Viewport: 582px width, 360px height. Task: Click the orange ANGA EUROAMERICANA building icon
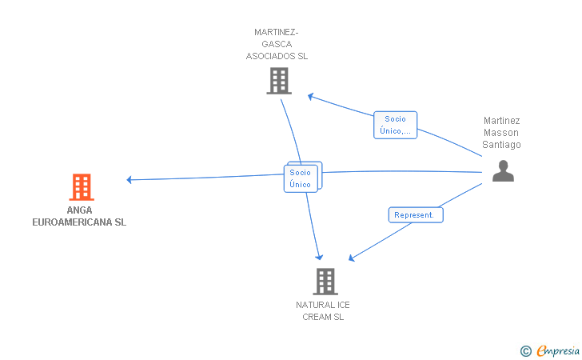tap(82, 187)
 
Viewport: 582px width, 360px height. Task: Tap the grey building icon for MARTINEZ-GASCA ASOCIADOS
tap(279, 81)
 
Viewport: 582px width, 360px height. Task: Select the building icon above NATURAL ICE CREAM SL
tap(325, 282)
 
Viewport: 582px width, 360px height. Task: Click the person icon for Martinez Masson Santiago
tap(503, 171)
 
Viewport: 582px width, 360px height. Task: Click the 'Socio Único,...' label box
tap(395, 125)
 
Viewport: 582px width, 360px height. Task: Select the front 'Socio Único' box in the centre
tap(301, 178)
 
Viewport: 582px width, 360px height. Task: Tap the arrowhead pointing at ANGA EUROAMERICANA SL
tap(130, 180)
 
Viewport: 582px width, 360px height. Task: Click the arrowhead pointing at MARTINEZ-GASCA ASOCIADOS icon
tap(311, 97)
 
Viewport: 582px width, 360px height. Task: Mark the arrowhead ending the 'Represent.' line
tap(352, 258)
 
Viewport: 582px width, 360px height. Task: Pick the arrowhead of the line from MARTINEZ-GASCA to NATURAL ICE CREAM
tap(319, 257)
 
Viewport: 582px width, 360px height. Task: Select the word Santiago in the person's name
tap(501, 145)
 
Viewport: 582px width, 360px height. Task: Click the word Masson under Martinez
tap(501, 133)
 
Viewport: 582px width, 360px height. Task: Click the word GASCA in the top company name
tap(277, 44)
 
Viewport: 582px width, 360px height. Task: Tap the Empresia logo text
tap(558, 350)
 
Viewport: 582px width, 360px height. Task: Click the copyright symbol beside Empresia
tap(525, 351)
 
